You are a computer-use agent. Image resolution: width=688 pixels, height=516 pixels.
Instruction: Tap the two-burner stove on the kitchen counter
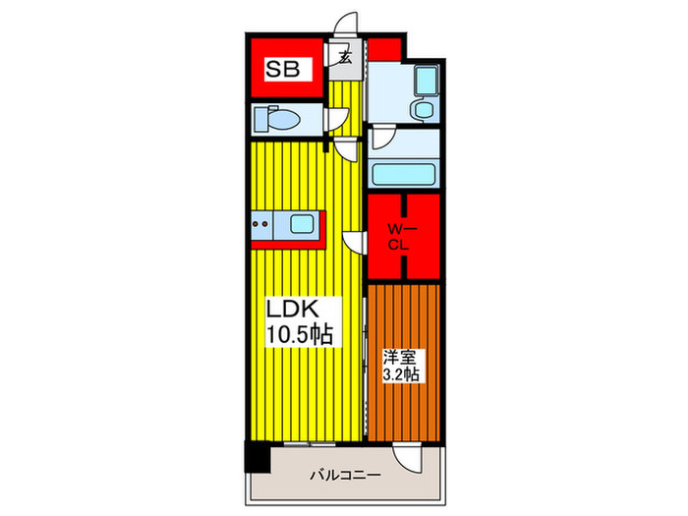tap(263, 226)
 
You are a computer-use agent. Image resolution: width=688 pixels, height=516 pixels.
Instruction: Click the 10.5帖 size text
tap(301, 334)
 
